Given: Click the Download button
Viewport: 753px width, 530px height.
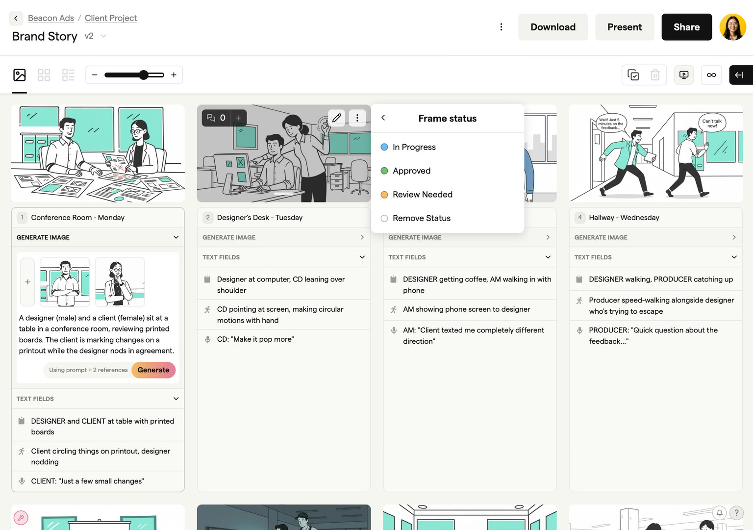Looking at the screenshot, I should pyautogui.click(x=552, y=27).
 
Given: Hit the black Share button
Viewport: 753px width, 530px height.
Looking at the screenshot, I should pyautogui.click(x=686, y=27).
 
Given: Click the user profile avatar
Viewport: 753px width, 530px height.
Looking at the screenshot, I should pyautogui.click(x=732, y=27).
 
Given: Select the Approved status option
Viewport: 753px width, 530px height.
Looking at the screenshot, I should pyautogui.click(x=411, y=171).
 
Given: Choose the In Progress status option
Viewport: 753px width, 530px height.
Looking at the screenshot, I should pyautogui.click(x=414, y=147).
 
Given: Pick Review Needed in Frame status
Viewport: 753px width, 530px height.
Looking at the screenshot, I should pyautogui.click(x=422, y=195).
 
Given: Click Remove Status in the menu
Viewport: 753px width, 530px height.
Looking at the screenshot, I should pyautogui.click(x=421, y=218).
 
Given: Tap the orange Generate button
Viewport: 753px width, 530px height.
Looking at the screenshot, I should pyautogui.click(x=153, y=370).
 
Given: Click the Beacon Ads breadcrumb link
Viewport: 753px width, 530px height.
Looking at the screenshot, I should pyautogui.click(x=51, y=18).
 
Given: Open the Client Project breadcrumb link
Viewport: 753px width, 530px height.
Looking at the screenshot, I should pyautogui.click(x=111, y=18).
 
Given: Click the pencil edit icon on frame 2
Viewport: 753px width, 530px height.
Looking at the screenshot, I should pyautogui.click(x=337, y=118).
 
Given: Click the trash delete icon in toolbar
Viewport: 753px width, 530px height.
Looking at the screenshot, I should pyautogui.click(x=655, y=75).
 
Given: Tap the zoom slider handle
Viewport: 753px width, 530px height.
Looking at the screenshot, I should pyautogui.click(x=143, y=75).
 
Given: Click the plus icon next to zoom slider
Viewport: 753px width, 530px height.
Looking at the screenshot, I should pyautogui.click(x=174, y=75).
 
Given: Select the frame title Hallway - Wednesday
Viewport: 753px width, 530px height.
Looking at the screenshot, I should pyautogui.click(x=624, y=218).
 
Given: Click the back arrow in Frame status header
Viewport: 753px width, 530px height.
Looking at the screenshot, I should pyautogui.click(x=383, y=118).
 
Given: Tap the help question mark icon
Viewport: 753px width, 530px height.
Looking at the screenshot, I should pyautogui.click(x=736, y=513).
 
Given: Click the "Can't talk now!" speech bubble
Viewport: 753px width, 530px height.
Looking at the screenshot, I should pyautogui.click(x=712, y=123).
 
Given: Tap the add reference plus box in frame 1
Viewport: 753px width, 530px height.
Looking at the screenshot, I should pyautogui.click(x=27, y=282).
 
